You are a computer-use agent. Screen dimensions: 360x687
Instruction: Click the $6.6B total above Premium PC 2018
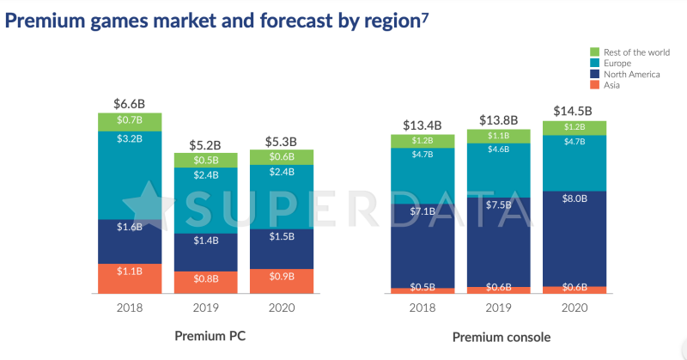click(x=129, y=103)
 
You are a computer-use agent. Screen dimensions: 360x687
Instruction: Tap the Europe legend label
click(x=617, y=64)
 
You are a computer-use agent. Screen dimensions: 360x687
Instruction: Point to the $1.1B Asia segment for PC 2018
click(x=129, y=272)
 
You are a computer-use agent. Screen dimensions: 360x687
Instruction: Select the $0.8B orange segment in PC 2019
click(x=205, y=278)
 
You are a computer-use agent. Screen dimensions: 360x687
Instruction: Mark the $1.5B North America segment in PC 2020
click(x=281, y=236)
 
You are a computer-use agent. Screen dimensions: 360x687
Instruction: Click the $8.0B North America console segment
click(x=575, y=198)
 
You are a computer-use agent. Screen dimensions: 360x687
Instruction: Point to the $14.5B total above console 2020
click(x=575, y=112)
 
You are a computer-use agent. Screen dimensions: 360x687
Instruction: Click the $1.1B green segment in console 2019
click(x=498, y=135)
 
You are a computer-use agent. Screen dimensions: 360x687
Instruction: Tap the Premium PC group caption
click(x=210, y=336)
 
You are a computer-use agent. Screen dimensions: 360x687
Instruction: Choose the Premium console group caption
click(x=502, y=337)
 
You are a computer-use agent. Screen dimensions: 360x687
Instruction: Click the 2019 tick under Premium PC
click(x=205, y=308)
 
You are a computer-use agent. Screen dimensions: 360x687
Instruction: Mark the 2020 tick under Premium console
click(x=575, y=308)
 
